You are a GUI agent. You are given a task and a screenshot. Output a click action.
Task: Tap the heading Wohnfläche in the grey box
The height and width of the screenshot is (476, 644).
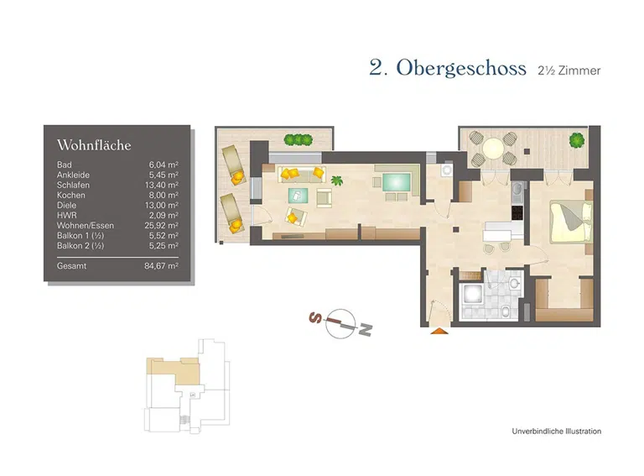[94, 145]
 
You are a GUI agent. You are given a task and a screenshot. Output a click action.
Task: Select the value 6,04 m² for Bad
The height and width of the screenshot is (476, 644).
[162, 165]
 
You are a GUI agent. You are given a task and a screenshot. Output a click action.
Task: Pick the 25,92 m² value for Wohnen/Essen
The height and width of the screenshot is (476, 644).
[160, 225]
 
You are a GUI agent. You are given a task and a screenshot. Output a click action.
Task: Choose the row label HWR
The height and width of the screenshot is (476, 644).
[65, 215]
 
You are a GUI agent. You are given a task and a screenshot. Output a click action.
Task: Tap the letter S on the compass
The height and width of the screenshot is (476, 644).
[315, 317]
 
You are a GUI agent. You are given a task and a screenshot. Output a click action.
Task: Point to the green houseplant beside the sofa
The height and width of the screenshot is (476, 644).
[338, 180]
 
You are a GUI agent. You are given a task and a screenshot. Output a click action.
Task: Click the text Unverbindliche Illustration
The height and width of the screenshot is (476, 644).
[556, 432]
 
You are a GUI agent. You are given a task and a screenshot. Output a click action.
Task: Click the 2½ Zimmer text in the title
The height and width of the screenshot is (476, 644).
[569, 71]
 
